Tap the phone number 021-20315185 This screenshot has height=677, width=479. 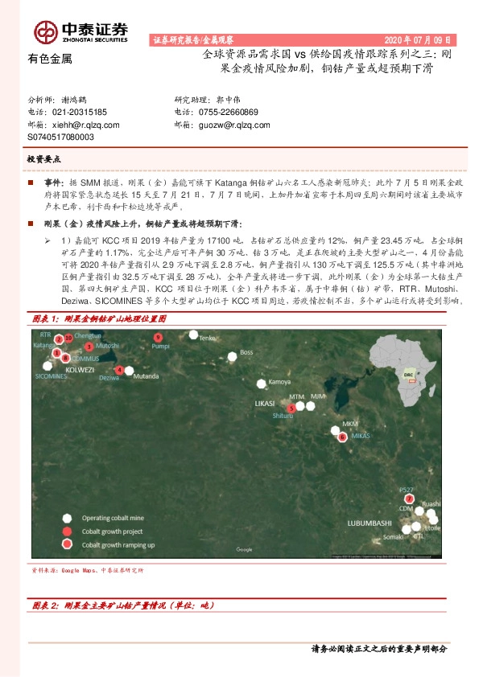click(x=80, y=113)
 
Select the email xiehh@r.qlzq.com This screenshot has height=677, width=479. click(x=84, y=125)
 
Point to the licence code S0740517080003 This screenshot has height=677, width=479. click(x=60, y=137)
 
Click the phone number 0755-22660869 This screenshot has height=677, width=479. click(x=227, y=113)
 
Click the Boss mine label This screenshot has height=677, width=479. click(x=247, y=352)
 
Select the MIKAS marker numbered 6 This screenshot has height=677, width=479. click(x=343, y=437)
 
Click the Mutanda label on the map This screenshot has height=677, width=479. click(x=146, y=375)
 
